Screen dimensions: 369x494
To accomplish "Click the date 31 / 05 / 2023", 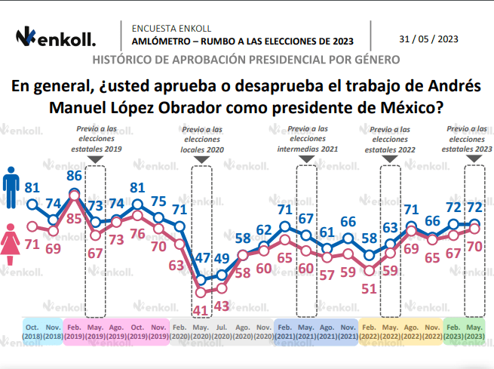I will coord(428,39).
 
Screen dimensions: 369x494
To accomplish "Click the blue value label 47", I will coord(201,257).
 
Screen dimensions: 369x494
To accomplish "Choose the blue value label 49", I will coord(222,259).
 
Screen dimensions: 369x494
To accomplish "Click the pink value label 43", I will coord(222,306).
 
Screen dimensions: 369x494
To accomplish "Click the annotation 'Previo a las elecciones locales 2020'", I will coord(202,140).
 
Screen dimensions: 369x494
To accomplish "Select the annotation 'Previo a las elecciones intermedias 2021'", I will coord(308,140).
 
